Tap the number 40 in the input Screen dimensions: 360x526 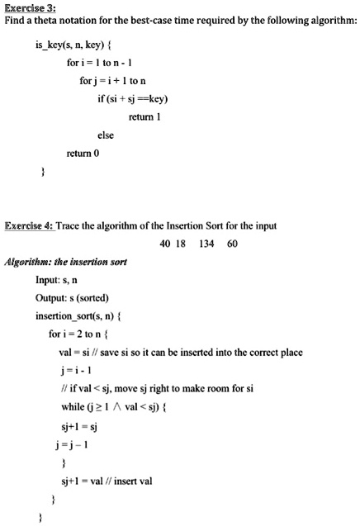pos(164,243)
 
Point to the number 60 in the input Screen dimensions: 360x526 pos(232,243)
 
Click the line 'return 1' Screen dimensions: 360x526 pos(144,116)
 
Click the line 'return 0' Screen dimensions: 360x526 pos(83,153)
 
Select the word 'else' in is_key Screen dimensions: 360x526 pos(105,135)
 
